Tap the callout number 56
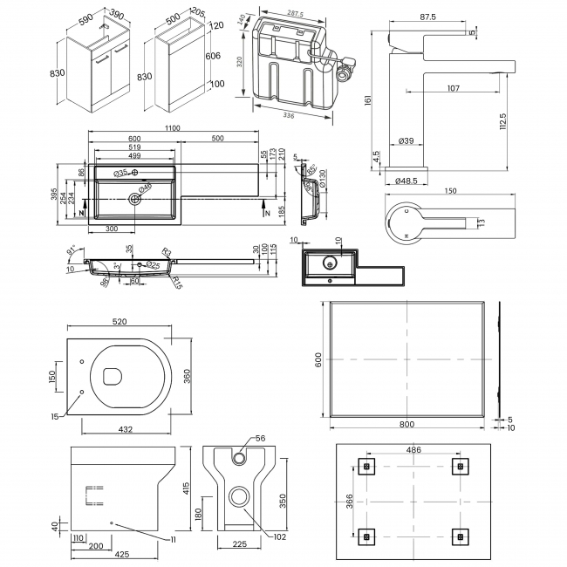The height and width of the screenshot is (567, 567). pyautogui.click(x=260, y=439)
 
